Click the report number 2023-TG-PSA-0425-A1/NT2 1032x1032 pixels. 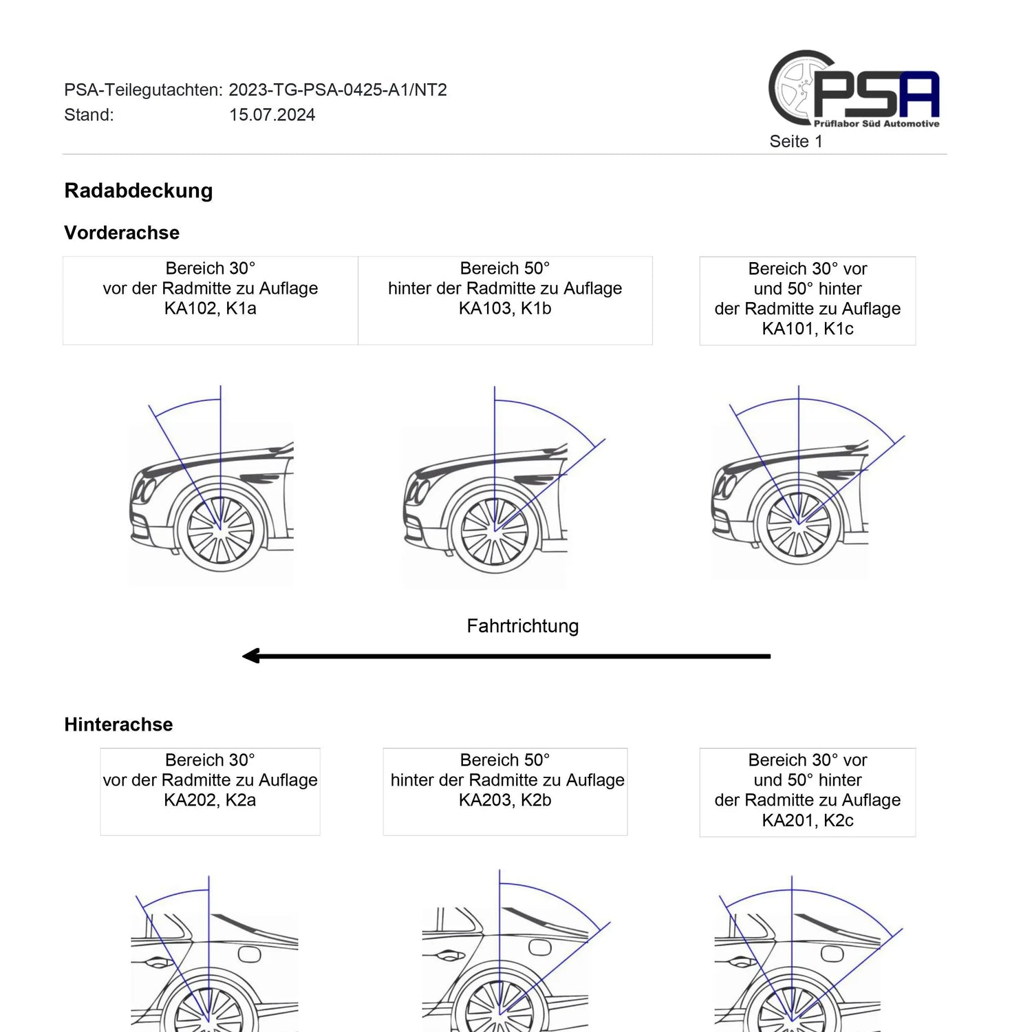click(x=338, y=90)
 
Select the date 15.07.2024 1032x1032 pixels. click(x=272, y=115)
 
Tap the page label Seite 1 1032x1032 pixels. click(x=796, y=142)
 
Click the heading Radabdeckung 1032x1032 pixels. click(x=138, y=191)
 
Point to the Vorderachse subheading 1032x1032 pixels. click(x=122, y=233)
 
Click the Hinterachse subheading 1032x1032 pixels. click(x=118, y=724)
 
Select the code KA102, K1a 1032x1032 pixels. click(x=211, y=308)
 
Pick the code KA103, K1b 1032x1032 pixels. click(x=505, y=308)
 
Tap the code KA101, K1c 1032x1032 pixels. click(x=808, y=329)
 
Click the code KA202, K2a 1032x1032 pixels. click(x=210, y=800)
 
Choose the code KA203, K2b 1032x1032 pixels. click(x=505, y=800)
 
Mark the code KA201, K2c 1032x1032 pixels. click(x=808, y=821)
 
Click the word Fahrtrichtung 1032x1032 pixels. click(x=523, y=626)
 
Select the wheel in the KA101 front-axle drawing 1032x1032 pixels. click(x=799, y=525)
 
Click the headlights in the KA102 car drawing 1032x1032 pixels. click(x=145, y=489)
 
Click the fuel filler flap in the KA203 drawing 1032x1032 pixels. click(x=541, y=948)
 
